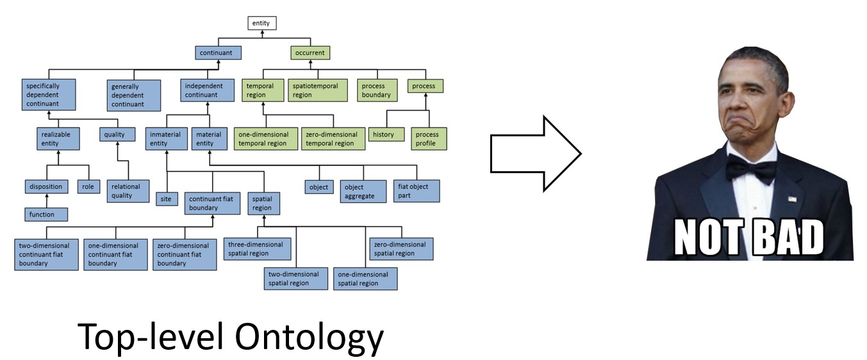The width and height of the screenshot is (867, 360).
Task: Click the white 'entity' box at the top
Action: click(261, 24)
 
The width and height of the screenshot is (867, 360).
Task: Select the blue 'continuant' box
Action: click(219, 53)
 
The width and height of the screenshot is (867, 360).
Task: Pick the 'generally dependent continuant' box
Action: click(133, 95)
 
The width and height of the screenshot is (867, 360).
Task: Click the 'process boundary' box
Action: click(376, 90)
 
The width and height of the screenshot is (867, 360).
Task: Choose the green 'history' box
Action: click(383, 135)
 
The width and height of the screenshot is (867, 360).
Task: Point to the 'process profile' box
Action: click(429, 138)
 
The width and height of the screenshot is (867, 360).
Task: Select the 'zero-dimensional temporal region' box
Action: click(333, 139)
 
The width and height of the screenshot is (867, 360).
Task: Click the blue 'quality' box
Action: click(118, 135)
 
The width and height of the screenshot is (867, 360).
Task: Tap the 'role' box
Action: click(87, 186)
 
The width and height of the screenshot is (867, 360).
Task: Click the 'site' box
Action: click(166, 199)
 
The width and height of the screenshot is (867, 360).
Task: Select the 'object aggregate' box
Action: click(363, 191)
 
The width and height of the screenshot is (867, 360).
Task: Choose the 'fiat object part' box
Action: click(417, 190)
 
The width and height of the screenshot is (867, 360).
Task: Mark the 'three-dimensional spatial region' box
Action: click(258, 249)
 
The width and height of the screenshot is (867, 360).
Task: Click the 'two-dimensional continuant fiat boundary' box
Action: click(46, 254)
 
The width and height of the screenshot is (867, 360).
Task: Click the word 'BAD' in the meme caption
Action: click(787, 238)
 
